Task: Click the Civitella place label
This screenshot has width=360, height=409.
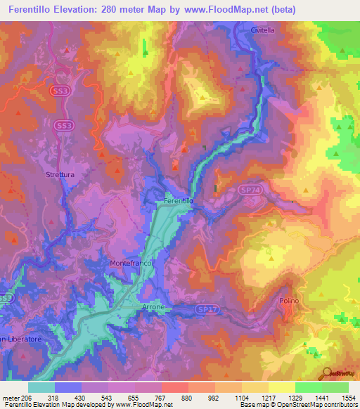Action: (x=264, y=30)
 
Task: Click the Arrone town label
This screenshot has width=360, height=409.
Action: (x=153, y=307)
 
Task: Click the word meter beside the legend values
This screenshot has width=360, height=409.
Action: (x=10, y=398)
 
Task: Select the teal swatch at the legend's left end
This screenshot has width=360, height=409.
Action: (x=41, y=387)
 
